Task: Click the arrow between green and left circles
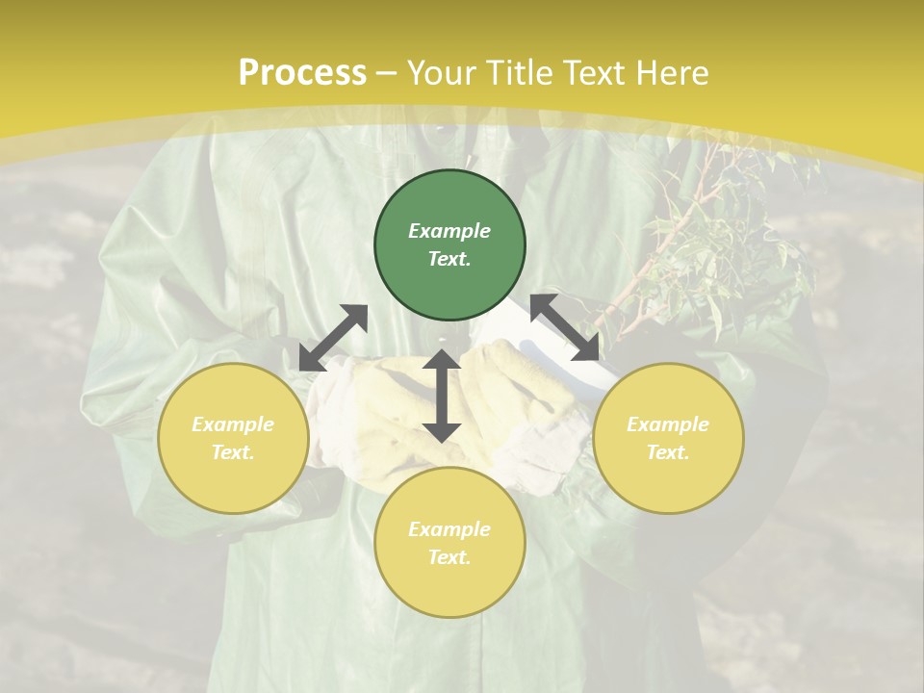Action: tap(333, 338)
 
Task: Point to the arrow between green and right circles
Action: tap(565, 327)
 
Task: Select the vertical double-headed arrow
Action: tap(442, 396)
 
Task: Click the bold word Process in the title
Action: tap(302, 73)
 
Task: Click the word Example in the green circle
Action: tap(449, 231)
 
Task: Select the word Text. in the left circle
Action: tap(233, 452)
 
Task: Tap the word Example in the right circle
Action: tap(668, 424)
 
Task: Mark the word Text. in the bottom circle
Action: tap(449, 557)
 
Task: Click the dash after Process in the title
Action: tap(387, 73)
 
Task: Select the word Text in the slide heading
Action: tap(592, 73)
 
